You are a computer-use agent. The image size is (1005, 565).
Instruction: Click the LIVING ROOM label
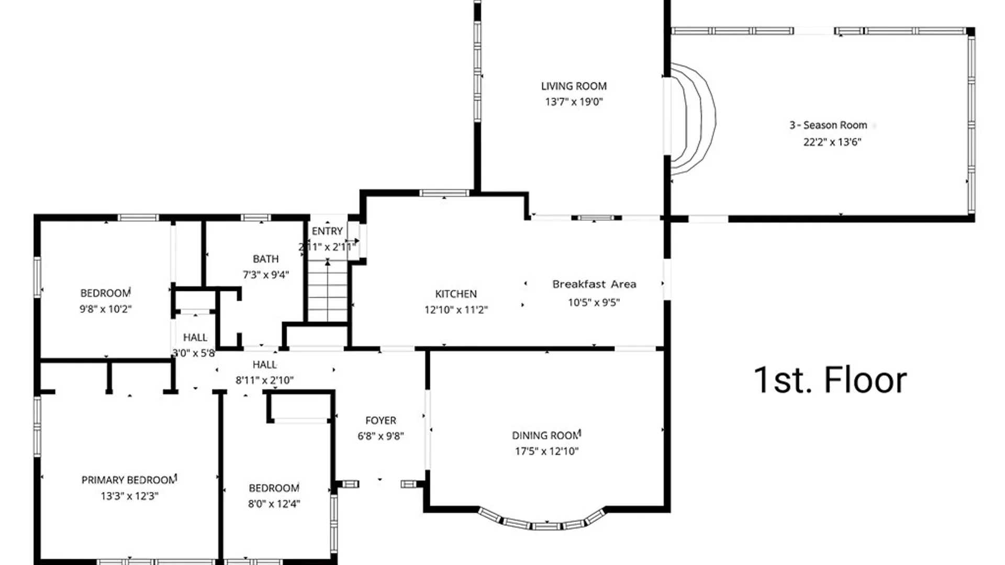pyautogui.click(x=574, y=86)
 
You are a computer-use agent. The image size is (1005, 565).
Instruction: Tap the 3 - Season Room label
pyautogui.click(x=828, y=125)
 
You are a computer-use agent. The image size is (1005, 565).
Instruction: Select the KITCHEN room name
pyautogui.click(x=456, y=294)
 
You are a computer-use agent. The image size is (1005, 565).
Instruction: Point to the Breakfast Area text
pyautogui.click(x=594, y=284)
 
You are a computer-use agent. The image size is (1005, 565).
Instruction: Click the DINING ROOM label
pyautogui.click(x=546, y=435)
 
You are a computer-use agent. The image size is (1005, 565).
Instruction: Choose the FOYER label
pyautogui.click(x=381, y=421)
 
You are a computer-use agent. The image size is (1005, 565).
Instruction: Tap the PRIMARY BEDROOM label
pyautogui.click(x=129, y=480)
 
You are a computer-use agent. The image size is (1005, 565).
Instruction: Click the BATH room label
pyautogui.click(x=266, y=259)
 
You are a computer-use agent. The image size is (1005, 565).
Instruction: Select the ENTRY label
pyautogui.click(x=327, y=231)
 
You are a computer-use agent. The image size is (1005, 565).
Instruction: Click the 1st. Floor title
pyautogui.click(x=830, y=380)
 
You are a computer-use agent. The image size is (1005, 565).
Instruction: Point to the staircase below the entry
pyautogui.click(x=328, y=291)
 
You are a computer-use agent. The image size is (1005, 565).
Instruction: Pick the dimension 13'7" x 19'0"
pyautogui.click(x=574, y=102)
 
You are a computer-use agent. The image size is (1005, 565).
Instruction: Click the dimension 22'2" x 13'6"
pyautogui.click(x=832, y=142)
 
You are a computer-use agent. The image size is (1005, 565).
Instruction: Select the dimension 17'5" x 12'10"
pyautogui.click(x=546, y=451)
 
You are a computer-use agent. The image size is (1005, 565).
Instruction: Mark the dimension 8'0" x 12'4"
pyautogui.click(x=274, y=504)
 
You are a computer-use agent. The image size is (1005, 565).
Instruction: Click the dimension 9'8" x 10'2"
pyautogui.click(x=105, y=309)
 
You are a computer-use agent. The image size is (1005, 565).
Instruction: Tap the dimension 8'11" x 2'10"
pyautogui.click(x=264, y=380)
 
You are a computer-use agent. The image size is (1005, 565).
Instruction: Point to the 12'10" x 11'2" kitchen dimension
pyautogui.click(x=456, y=310)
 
